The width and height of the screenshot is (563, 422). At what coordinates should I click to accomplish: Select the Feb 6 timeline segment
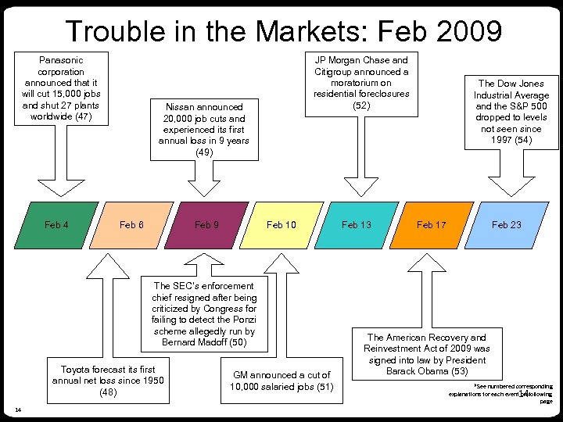coord(131,225)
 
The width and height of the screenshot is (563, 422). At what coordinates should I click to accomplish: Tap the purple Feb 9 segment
coord(206,225)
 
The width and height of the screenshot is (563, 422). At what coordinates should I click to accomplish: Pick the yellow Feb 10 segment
coord(281,225)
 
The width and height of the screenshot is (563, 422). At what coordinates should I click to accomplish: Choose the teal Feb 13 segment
coord(357,225)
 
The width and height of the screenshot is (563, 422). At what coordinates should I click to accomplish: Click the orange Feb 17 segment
coord(431,225)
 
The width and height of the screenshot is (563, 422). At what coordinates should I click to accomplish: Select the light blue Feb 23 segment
coord(506,225)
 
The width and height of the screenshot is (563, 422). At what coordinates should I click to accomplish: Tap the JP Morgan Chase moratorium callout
coord(361,83)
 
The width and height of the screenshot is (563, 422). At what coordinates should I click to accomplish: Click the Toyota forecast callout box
coord(108,381)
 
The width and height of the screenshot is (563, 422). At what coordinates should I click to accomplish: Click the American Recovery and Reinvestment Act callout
coord(427,354)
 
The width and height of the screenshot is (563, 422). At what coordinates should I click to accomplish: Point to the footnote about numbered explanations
coord(501,393)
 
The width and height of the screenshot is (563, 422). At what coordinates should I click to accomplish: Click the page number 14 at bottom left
coord(17,409)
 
